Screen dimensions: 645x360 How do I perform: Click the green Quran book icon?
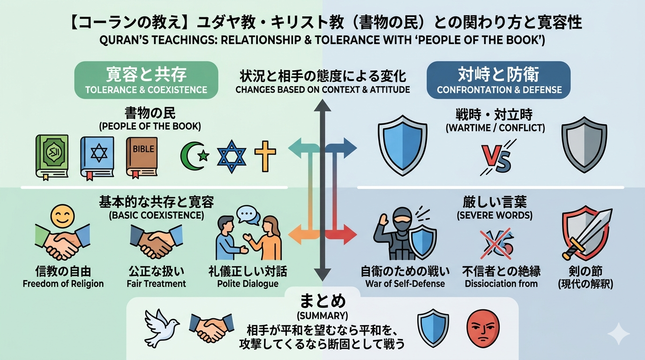coord(52,157)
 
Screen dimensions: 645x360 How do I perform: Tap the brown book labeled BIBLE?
coord(142,157)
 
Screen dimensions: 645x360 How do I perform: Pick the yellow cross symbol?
coord(265,156)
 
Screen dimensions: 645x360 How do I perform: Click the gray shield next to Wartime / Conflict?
coord(584,144)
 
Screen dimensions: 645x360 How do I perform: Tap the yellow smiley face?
coord(62,217)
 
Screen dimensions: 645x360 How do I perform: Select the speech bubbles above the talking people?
coord(248,216)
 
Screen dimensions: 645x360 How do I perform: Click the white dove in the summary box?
coord(162,328)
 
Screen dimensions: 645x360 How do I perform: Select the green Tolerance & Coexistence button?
coord(146,80)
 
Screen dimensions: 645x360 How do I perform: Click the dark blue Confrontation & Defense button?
coord(499,80)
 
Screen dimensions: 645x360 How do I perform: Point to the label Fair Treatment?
coord(157,284)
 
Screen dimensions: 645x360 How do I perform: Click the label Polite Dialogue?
coord(247,284)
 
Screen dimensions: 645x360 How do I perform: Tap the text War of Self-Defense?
coord(405,284)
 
